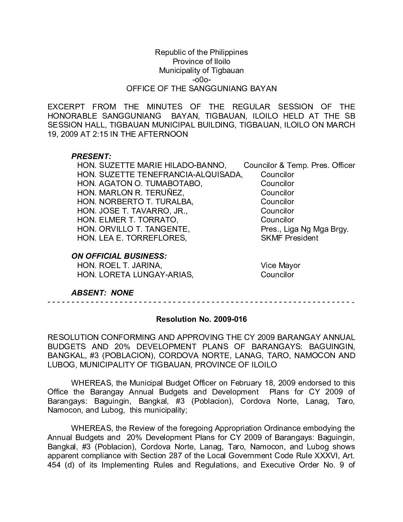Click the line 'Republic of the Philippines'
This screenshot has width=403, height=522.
pyautogui.click(x=201, y=52)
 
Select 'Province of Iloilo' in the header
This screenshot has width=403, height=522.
pyautogui.click(x=201, y=62)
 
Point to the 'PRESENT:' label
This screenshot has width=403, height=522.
pyautogui.click(x=91, y=156)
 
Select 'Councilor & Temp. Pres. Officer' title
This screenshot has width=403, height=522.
pyautogui.click(x=299, y=165)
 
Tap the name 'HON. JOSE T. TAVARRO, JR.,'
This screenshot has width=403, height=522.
pyautogui.click(x=133, y=211)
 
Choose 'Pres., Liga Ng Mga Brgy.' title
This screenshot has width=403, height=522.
pyautogui.click(x=304, y=229)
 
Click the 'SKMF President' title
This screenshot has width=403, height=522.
pyautogui.click(x=289, y=238)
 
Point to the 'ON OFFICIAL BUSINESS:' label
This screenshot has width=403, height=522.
pyautogui.click(x=119, y=256)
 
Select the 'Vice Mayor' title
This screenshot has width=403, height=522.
pyautogui.click(x=280, y=265)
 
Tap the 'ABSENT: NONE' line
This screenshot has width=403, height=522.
pyautogui.click(x=102, y=293)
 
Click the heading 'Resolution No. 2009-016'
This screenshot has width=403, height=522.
pyautogui.click(x=201, y=319)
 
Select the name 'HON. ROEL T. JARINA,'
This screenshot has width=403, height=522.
pyautogui.click(x=120, y=265)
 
